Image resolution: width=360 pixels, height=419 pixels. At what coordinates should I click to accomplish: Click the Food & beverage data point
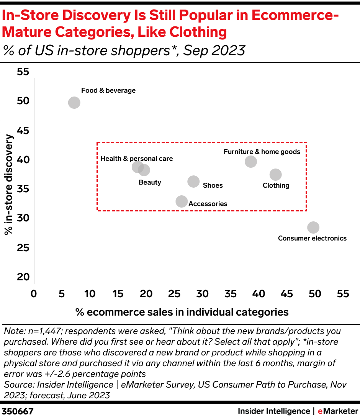[x=74, y=103]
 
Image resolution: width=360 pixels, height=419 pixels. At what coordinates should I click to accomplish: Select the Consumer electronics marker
[x=313, y=228]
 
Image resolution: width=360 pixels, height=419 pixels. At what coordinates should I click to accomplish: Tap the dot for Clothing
[x=275, y=175]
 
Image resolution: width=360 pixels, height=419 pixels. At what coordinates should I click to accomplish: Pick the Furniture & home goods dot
[x=250, y=162]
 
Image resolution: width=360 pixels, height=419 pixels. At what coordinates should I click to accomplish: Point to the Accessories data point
[x=182, y=201]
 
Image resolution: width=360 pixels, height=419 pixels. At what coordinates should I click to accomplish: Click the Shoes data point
[x=194, y=182]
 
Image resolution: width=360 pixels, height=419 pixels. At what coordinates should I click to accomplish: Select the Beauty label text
[x=150, y=182]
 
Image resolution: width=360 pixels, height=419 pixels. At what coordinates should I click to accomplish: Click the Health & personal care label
[x=136, y=159]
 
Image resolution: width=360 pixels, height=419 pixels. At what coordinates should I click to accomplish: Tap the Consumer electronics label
[x=312, y=238]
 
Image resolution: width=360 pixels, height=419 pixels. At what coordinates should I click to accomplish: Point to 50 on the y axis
[x=23, y=101]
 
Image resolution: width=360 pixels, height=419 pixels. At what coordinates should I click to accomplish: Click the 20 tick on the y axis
[x=23, y=277]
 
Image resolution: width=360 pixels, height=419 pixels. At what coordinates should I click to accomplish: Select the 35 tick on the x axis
[x=231, y=294]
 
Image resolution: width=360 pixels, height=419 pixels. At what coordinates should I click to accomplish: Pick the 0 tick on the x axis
[x=34, y=294]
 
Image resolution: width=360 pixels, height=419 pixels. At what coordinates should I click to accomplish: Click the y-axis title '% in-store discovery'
[x=9, y=185]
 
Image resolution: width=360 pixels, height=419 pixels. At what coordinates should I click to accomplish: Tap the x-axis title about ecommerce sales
[x=182, y=312]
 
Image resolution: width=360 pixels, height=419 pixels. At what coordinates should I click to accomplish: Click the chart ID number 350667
[x=18, y=411]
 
